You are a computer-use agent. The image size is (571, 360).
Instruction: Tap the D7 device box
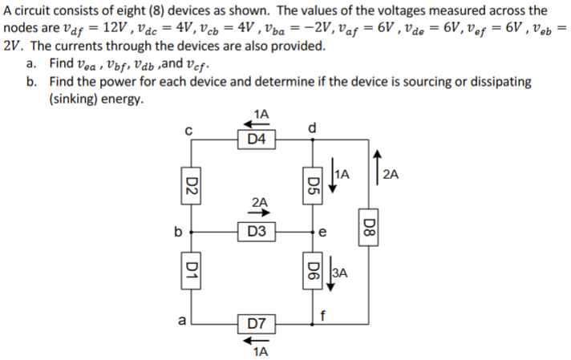257,325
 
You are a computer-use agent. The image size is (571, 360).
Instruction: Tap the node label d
314,125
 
